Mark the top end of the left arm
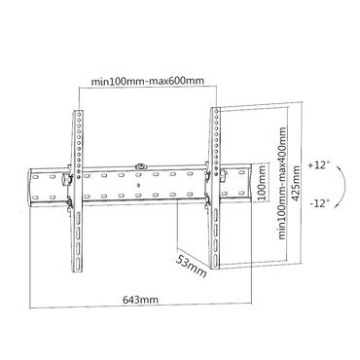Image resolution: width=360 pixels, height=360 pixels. pyautogui.click(x=76, y=110)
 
